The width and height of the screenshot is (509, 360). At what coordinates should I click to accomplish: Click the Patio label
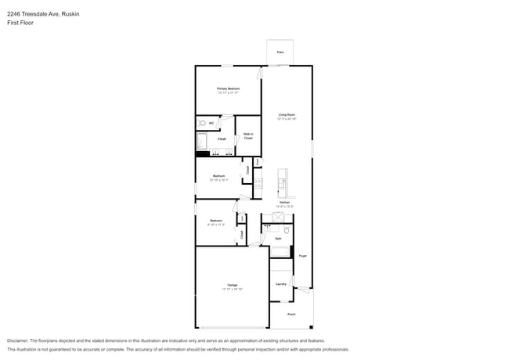(x=280, y=53)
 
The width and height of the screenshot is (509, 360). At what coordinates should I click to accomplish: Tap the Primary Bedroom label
(x=228, y=89)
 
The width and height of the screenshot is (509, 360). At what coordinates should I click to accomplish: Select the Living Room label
(x=287, y=115)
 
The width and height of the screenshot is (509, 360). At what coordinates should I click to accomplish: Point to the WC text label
(x=211, y=124)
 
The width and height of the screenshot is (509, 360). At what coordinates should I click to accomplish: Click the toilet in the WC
(x=202, y=124)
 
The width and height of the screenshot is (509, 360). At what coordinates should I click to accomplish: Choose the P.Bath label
(x=222, y=139)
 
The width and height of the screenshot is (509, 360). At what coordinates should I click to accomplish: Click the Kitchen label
(x=285, y=202)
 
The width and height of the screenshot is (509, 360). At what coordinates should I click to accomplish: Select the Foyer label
(x=302, y=255)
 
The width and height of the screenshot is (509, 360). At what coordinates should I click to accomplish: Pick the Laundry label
(x=280, y=284)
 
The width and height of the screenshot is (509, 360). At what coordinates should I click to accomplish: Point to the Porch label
(x=291, y=314)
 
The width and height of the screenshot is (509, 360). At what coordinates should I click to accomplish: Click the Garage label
(x=233, y=285)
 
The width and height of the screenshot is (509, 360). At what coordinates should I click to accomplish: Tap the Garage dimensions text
(x=233, y=290)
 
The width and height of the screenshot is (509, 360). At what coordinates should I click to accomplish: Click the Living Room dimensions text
(x=287, y=120)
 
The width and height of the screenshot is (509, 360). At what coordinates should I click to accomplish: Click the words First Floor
(x=20, y=23)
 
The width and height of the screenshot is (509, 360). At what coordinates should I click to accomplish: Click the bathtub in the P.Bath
(x=201, y=142)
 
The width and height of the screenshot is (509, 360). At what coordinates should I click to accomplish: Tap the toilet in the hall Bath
(x=286, y=231)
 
